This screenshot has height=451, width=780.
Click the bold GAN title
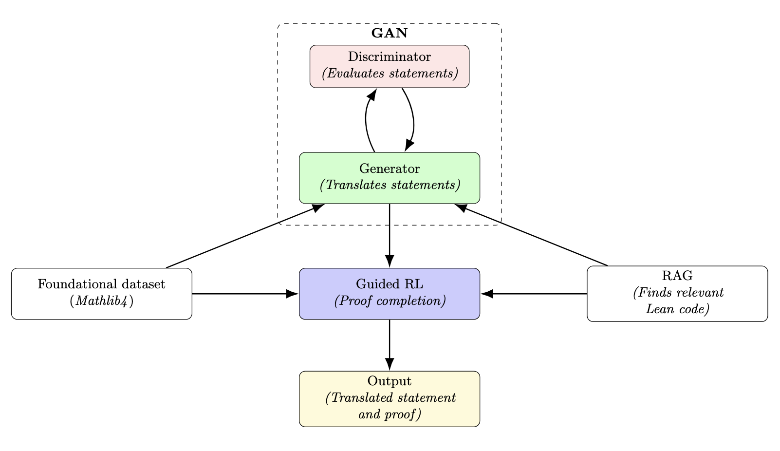click(x=389, y=34)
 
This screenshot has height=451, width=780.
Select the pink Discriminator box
click(x=389, y=66)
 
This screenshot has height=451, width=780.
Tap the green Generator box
click(x=389, y=178)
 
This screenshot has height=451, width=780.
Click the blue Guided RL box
click(x=389, y=294)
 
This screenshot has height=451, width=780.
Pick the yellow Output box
click(x=389, y=399)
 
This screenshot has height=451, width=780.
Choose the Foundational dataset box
click(x=101, y=294)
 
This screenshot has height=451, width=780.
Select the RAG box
click(x=677, y=294)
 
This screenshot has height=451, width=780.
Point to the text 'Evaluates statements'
click(x=390, y=74)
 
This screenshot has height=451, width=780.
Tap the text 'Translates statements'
click(x=390, y=186)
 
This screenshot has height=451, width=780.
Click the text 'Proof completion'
click(x=390, y=301)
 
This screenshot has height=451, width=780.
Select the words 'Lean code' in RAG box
click(x=677, y=309)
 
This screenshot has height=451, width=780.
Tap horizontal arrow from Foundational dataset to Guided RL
click(x=243, y=294)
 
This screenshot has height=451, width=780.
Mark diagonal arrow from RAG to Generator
click(x=531, y=235)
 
